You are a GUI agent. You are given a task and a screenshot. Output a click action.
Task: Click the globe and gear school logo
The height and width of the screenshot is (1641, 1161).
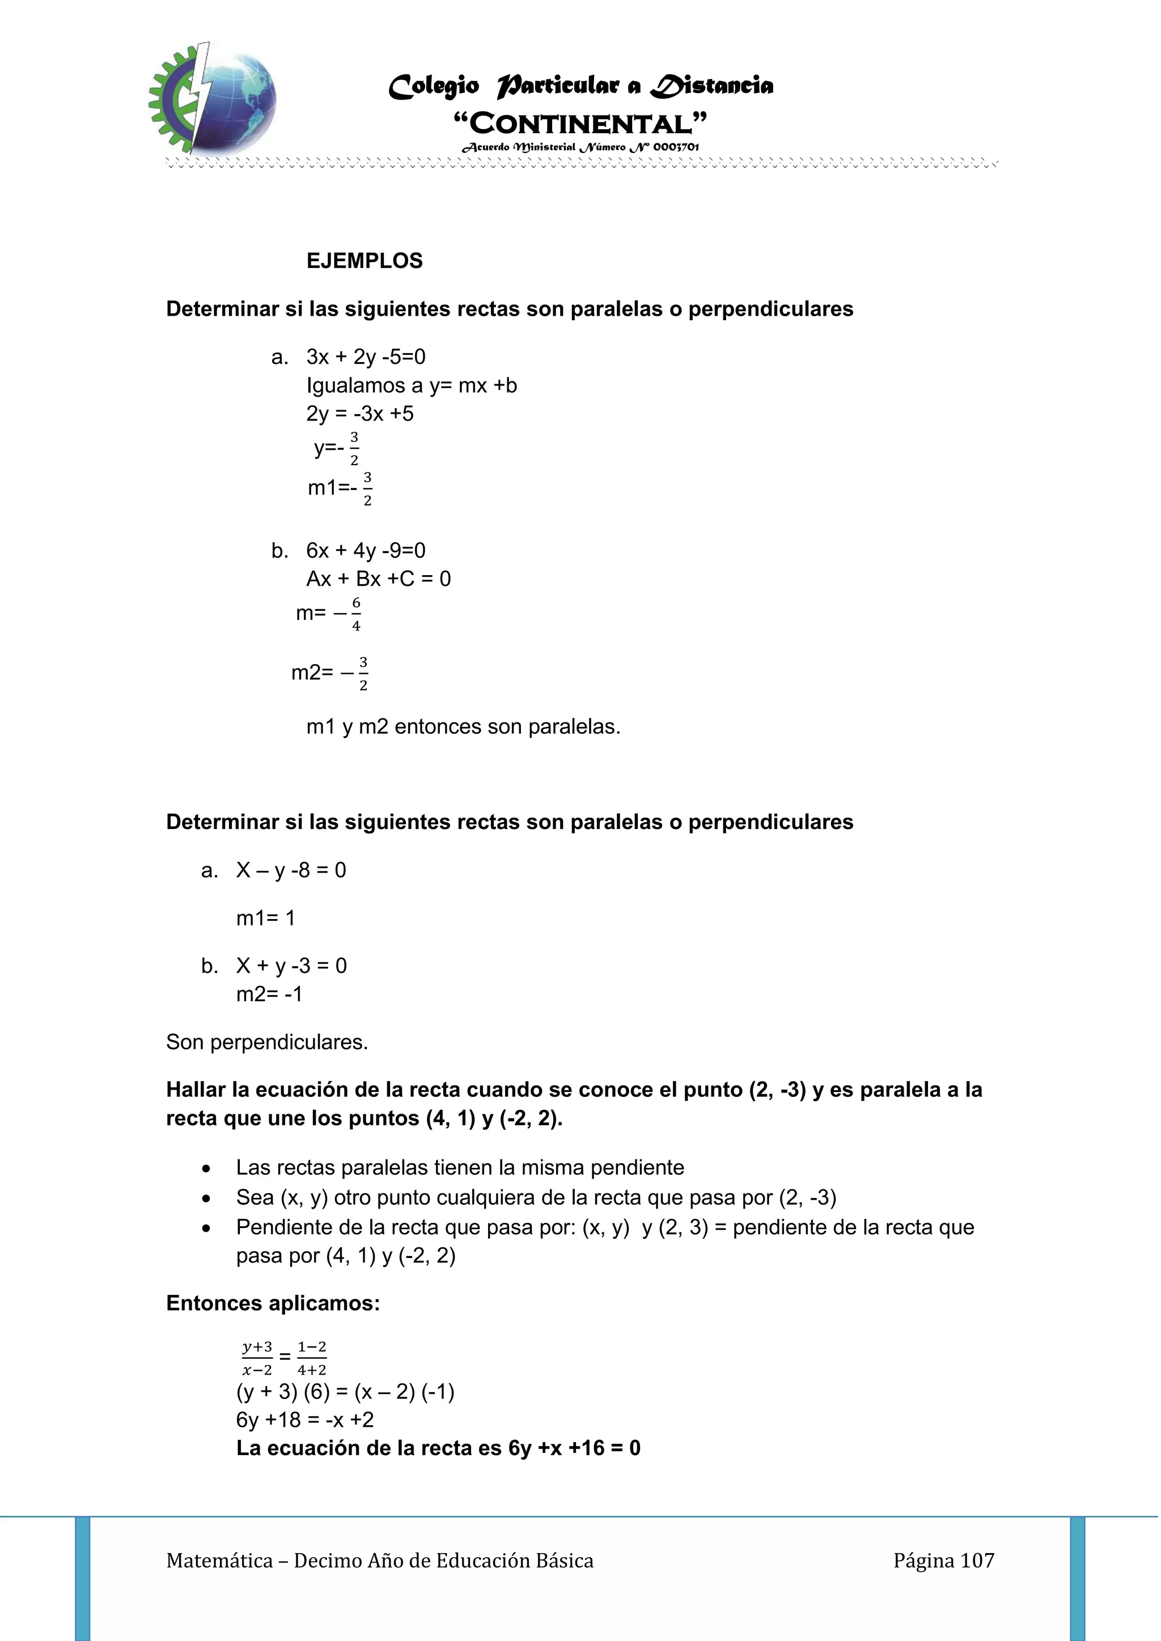click(x=213, y=98)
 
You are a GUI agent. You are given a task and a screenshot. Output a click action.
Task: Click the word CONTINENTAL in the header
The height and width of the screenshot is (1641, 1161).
click(x=580, y=124)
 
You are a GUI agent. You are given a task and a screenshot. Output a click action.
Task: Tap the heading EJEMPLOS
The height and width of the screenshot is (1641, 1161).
click(x=365, y=261)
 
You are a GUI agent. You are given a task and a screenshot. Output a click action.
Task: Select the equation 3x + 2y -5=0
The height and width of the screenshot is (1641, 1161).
click(x=366, y=356)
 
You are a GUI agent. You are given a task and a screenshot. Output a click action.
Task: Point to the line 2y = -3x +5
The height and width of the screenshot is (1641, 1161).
click(x=359, y=414)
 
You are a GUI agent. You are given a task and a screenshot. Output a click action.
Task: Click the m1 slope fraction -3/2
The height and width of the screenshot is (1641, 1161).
click(x=366, y=489)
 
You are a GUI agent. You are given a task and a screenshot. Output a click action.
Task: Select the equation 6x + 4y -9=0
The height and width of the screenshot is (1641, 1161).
click(x=366, y=550)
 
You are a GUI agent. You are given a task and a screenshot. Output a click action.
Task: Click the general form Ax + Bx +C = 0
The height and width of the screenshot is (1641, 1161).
click(x=378, y=579)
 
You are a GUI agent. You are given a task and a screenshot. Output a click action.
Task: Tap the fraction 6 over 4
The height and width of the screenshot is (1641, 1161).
click(x=356, y=614)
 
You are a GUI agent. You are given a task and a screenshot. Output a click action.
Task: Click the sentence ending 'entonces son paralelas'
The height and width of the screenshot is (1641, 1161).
click(x=463, y=727)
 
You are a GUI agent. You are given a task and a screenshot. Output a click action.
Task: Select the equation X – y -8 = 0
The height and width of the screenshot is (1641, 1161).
click(x=291, y=870)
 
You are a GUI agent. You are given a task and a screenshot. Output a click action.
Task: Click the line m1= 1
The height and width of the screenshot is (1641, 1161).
click(x=265, y=918)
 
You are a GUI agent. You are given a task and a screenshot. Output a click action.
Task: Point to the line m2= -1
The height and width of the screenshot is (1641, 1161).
click(x=269, y=994)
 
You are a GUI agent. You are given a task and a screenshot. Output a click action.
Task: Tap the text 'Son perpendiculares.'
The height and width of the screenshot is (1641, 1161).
click(x=266, y=1042)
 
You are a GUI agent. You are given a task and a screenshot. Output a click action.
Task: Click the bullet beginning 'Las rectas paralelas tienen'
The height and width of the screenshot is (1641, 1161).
click(x=460, y=1167)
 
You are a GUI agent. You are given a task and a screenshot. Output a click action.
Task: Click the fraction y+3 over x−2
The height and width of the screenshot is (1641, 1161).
click(x=257, y=1358)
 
